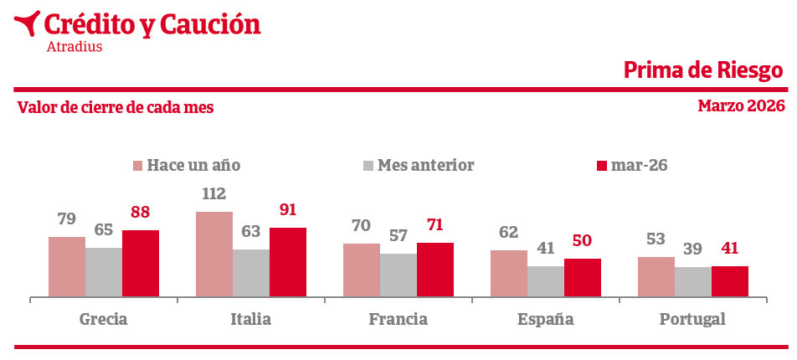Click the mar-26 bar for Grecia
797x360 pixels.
[141, 263]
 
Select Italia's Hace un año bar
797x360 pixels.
[214, 254]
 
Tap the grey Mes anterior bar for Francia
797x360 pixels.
[398, 275]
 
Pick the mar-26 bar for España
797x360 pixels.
[583, 277]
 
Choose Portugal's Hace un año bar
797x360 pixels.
[656, 276]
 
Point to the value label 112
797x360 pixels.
[214, 194]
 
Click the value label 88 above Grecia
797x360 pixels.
[141, 213]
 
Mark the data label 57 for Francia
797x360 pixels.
[398, 236]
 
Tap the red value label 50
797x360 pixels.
[582, 241]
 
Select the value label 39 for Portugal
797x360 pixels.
[693, 249]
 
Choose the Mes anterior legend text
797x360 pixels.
[425, 166]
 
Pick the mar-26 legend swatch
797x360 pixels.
[601, 166]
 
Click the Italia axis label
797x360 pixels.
[251, 319]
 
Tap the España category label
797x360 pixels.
[546, 319]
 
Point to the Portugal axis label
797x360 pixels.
[692, 319]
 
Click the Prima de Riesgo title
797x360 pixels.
[703, 70]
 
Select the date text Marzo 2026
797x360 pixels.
[741, 105]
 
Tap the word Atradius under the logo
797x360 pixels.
[75, 47]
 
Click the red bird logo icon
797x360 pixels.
[28, 23]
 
